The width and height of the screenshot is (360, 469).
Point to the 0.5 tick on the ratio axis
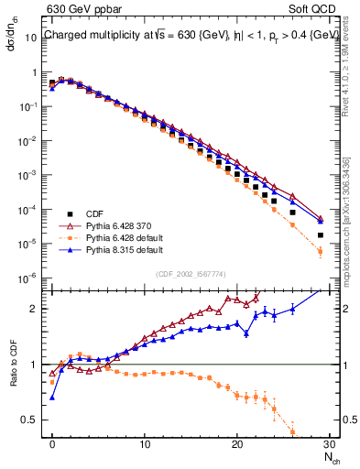click(34, 420)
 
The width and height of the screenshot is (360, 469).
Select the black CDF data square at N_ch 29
click(321, 235)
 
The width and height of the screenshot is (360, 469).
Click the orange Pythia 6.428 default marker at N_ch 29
click(321, 251)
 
